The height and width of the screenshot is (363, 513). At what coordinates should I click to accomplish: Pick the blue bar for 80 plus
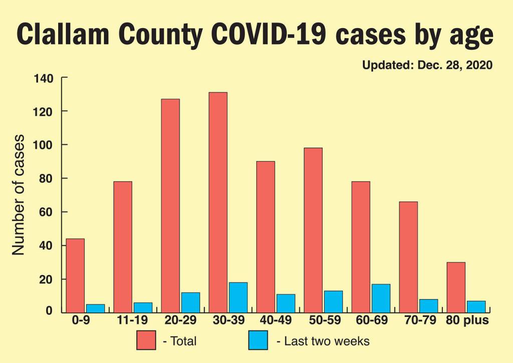(x=476, y=306)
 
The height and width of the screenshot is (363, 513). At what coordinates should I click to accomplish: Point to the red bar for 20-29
(x=170, y=206)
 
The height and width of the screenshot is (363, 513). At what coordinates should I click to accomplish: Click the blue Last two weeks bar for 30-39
(x=238, y=297)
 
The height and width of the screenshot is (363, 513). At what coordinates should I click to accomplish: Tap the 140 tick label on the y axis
(x=43, y=78)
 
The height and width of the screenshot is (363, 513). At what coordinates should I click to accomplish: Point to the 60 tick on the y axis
(x=47, y=212)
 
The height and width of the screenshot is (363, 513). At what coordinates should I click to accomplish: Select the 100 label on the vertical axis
(x=43, y=145)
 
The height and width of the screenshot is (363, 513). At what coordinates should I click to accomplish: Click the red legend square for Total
(x=146, y=340)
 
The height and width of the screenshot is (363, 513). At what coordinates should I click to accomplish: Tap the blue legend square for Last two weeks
(x=258, y=340)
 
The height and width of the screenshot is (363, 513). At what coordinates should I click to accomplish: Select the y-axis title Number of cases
(x=19, y=195)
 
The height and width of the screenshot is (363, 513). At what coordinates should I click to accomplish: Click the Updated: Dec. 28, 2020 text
(x=427, y=65)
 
